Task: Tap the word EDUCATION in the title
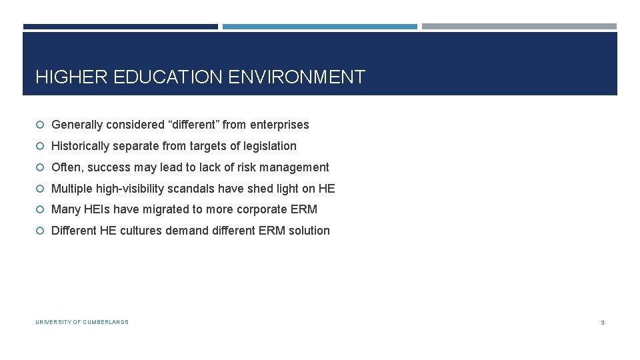click(x=169, y=77)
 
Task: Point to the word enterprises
click(x=279, y=125)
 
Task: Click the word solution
click(x=309, y=231)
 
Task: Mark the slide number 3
click(x=603, y=323)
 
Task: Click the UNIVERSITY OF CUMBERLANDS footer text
click(x=82, y=322)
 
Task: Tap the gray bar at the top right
click(x=519, y=27)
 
